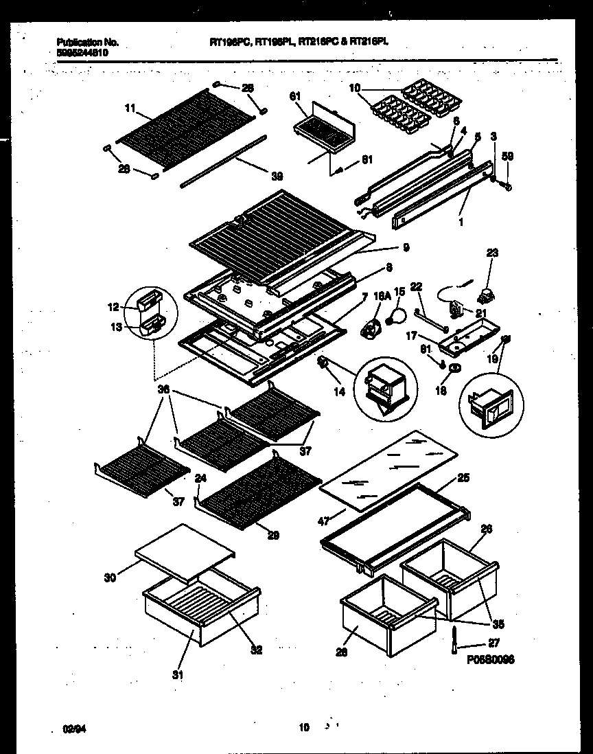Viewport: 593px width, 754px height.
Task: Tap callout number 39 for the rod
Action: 276,176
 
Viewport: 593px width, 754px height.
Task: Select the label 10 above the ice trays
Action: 355,89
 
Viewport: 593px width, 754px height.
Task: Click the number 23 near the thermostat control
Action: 493,253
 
